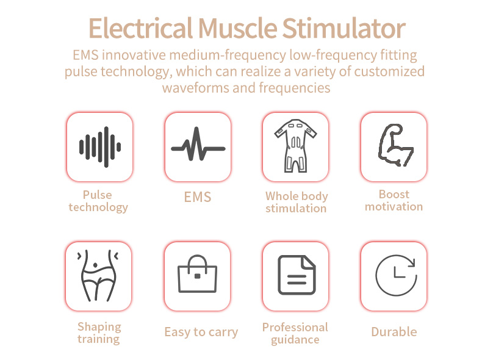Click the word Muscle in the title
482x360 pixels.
click(238, 28)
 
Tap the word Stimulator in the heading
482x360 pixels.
click(344, 28)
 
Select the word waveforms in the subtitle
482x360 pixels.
click(196, 88)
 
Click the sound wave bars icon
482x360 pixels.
click(100, 147)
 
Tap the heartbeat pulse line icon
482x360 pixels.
click(198, 144)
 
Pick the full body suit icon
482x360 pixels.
click(295, 146)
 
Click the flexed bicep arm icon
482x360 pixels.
click(395, 145)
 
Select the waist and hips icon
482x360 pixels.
click(98, 275)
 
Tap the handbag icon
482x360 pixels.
click(197, 273)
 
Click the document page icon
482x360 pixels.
click(297, 275)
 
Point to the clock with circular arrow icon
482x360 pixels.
click(396, 275)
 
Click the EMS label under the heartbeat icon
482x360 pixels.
click(198, 197)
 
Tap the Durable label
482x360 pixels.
click(394, 332)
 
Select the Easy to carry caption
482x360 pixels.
click(201, 332)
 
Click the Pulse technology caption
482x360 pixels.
click(98, 201)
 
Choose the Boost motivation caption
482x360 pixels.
click(394, 201)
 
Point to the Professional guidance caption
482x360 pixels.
click(295, 334)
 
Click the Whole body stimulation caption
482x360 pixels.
click(297, 202)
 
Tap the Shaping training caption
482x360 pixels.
click(99, 333)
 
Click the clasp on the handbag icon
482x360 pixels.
click(198, 276)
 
